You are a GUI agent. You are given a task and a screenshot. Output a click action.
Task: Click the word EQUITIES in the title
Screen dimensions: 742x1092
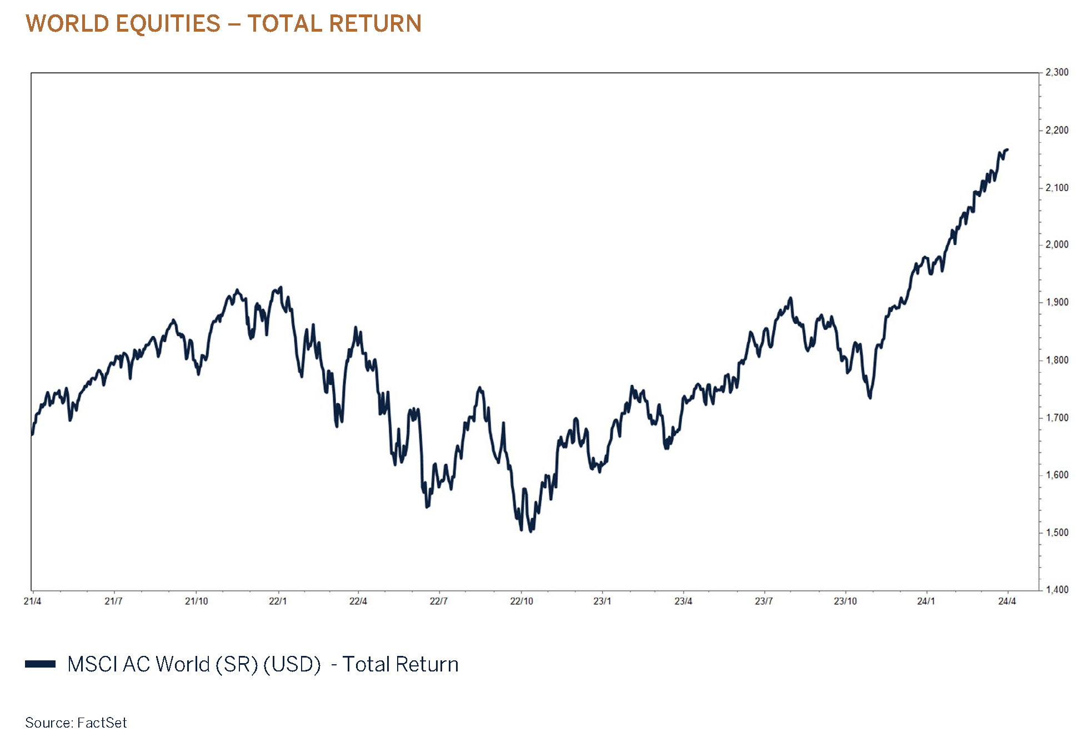(168, 24)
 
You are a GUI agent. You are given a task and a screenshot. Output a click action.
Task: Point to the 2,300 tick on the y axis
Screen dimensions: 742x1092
(1056, 72)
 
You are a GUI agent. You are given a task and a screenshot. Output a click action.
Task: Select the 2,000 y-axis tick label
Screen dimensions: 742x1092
(1056, 244)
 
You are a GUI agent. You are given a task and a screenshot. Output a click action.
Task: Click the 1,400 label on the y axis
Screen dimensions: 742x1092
(1056, 590)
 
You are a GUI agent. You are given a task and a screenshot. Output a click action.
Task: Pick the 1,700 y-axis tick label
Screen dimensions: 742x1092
(1056, 418)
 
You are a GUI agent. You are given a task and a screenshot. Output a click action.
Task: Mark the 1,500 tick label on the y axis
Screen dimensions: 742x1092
(1056, 533)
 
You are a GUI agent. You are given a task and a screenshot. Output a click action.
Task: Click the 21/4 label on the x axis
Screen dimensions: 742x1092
(32, 601)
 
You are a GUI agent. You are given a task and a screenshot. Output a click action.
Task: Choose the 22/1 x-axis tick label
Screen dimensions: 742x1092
(278, 601)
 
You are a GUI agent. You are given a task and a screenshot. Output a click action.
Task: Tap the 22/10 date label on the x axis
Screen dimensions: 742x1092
(522, 601)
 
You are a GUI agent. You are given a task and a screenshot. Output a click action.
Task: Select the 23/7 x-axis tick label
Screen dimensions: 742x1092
(764, 601)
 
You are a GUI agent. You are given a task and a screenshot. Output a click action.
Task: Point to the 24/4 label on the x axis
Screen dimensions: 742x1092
(1007, 601)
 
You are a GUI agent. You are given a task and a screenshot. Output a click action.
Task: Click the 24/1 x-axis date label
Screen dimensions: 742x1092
(926, 601)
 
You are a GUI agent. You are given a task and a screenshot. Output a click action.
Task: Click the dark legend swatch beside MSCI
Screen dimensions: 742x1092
(40, 664)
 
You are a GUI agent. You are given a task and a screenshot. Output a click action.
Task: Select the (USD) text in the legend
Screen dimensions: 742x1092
(292, 664)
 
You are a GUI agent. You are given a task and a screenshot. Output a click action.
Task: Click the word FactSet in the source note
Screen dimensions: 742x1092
(102, 723)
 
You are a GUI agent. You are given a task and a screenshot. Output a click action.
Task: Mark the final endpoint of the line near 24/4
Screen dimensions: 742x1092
(1008, 149)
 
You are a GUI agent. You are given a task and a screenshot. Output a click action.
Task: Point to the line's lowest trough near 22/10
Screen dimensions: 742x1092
(531, 532)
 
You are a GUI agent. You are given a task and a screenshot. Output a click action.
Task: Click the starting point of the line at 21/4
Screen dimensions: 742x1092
(32, 434)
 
